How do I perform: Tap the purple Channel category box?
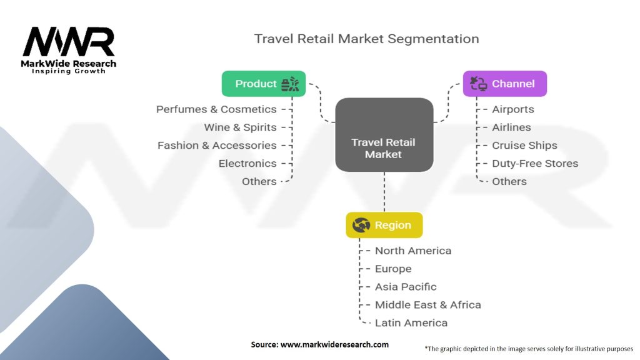pyautogui.click(x=505, y=84)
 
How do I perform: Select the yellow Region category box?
pyautogui.click(x=384, y=225)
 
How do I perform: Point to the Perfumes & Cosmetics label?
pyautogui.click(x=216, y=109)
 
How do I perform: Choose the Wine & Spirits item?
pyautogui.click(x=240, y=127)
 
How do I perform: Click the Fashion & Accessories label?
pyautogui.click(x=217, y=146)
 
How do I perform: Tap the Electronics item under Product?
pyautogui.click(x=247, y=164)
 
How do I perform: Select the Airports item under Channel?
pyautogui.click(x=513, y=109)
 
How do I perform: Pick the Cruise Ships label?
pyautogui.click(x=524, y=146)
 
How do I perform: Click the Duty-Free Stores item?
pyautogui.click(x=535, y=164)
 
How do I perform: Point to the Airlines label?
pyautogui.click(x=511, y=127)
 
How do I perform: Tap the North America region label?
pyautogui.click(x=413, y=251)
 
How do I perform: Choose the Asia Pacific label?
pyautogui.click(x=406, y=287)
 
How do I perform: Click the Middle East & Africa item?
pyautogui.click(x=428, y=305)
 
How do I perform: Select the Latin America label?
pyautogui.click(x=411, y=323)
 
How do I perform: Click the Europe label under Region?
pyautogui.click(x=393, y=269)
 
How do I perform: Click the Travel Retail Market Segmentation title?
pyautogui.click(x=367, y=39)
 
